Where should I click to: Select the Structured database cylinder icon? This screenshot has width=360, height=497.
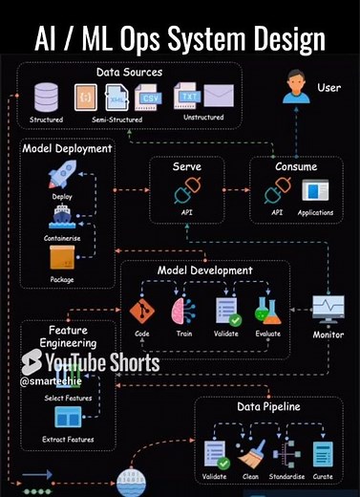pos(46,97)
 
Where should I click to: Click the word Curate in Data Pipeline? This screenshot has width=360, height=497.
pos(324,476)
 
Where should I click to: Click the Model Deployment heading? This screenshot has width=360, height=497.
pos(66,148)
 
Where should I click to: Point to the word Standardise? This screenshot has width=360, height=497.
pos(286,476)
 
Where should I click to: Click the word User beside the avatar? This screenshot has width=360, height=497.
pos(328,88)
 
